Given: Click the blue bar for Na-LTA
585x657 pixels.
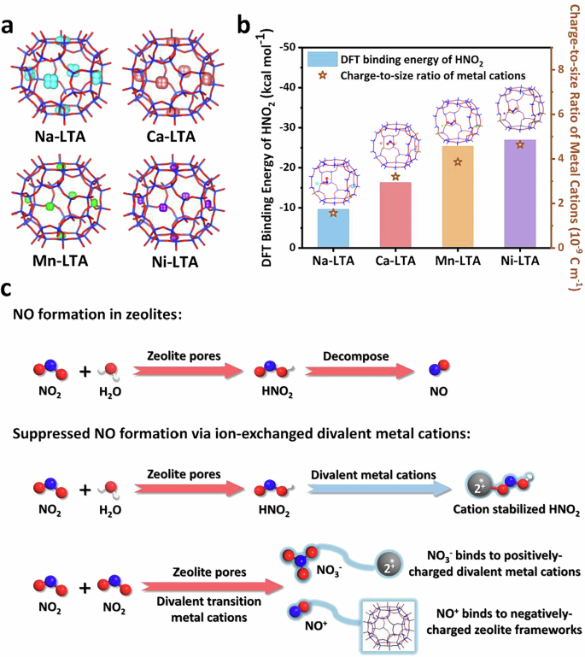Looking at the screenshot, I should tap(333, 228).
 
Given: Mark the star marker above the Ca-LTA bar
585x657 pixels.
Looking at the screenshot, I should tap(395, 177).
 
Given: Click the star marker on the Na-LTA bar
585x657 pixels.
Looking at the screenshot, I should tap(333, 214).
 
